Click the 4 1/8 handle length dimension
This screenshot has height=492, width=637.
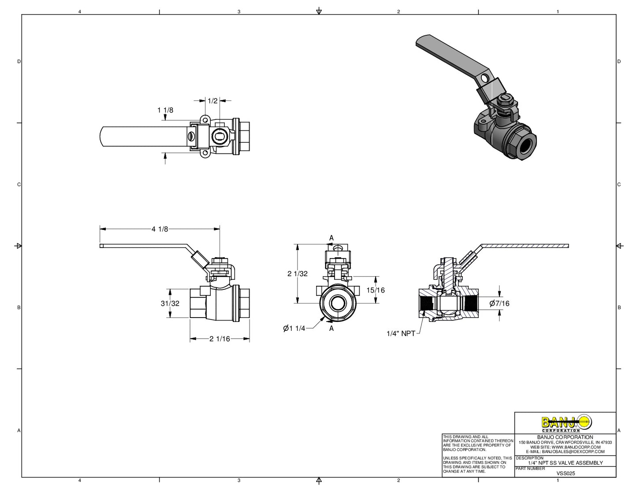point(160,229)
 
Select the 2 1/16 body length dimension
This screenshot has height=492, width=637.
point(220,339)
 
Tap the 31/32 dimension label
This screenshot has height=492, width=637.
point(170,303)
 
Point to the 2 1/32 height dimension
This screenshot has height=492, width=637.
point(298,274)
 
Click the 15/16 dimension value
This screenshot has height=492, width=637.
point(376,290)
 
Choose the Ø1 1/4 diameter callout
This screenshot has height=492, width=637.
point(294,328)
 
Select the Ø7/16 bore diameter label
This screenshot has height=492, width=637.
point(499,303)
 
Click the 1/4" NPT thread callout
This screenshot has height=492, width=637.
point(401,333)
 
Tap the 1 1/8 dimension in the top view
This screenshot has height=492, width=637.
point(165,110)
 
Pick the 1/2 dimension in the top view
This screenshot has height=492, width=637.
point(212,101)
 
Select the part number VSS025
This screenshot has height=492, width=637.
point(566,474)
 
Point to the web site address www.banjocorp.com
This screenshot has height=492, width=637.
point(565,447)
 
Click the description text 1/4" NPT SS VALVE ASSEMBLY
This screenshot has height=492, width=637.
point(565,463)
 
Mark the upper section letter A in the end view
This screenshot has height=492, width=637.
point(332,238)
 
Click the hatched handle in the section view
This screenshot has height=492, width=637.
point(525,246)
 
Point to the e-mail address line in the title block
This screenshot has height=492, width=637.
point(565,451)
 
